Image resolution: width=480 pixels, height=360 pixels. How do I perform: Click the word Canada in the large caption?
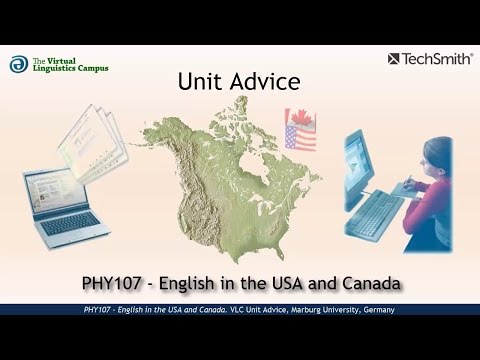(372, 284)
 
